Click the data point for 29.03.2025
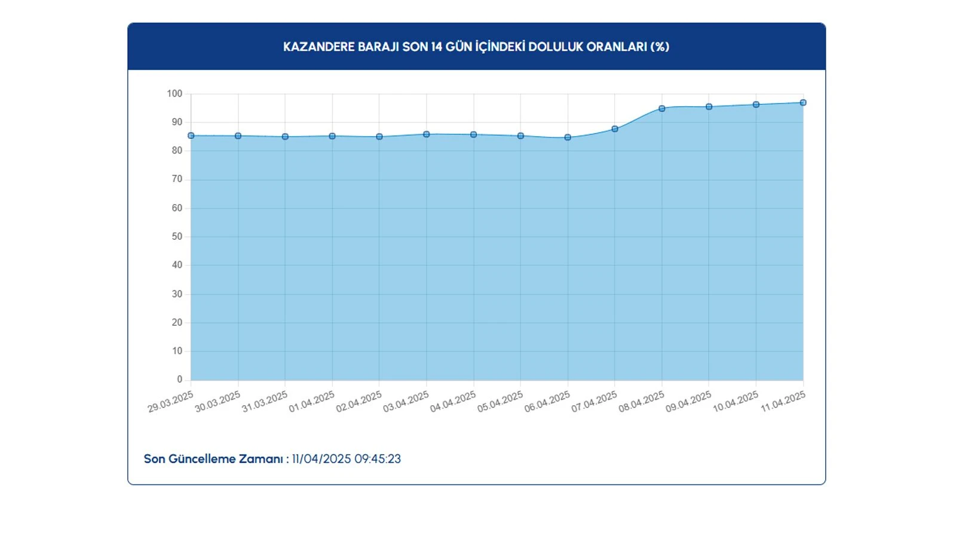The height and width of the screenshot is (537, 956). [191, 136]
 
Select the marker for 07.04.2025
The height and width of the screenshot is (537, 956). [615, 129]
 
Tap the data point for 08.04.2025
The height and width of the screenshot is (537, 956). [662, 109]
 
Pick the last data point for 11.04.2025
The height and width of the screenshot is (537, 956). [803, 103]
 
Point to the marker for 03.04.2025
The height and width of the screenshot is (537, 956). [427, 135]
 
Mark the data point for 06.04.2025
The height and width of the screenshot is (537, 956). [568, 137]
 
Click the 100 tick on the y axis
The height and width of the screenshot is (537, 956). [174, 94]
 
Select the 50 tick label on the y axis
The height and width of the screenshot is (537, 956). [177, 237]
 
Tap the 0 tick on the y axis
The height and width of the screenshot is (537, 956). [179, 379]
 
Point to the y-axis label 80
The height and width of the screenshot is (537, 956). [177, 151]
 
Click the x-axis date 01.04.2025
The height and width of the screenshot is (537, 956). [312, 402]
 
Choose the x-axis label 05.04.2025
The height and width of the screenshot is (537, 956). [500, 402]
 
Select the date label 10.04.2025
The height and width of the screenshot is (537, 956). [736, 402]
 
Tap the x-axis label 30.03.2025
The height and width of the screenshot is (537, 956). [217, 402]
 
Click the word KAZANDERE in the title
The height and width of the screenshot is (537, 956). [318, 47]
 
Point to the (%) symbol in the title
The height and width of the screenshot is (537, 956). [660, 47]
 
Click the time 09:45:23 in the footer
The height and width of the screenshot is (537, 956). [378, 459]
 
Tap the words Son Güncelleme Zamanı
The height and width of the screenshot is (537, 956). [213, 459]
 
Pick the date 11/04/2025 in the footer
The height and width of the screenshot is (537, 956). [321, 459]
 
